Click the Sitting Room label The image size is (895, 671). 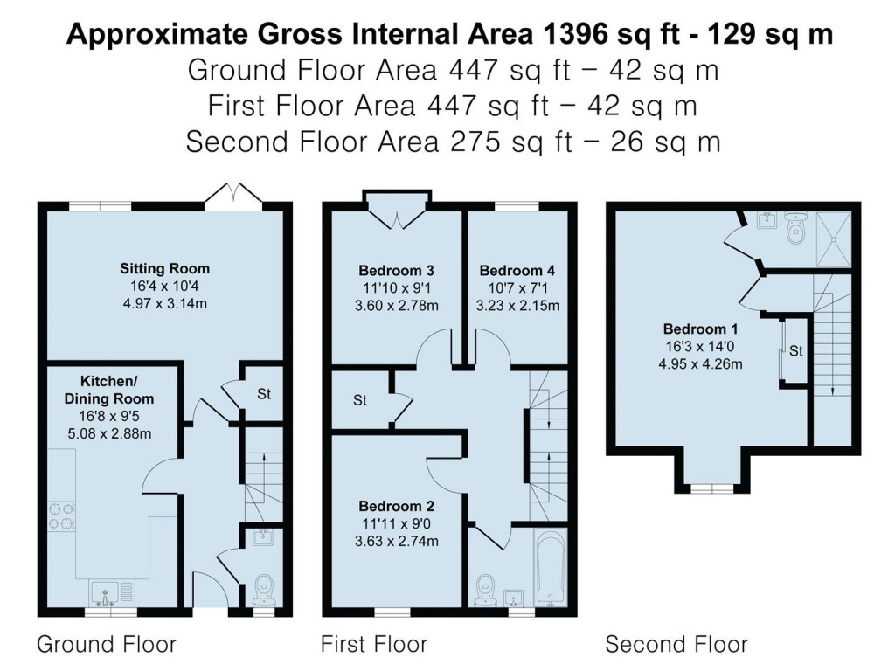(164, 268)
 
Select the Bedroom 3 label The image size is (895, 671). (396, 270)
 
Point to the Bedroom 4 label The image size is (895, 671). (517, 270)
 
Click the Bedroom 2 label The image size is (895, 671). (396, 506)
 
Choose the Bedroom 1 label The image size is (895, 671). (700, 329)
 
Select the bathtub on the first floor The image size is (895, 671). (550, 569)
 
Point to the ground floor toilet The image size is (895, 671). (263, 590)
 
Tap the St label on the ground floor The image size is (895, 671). (263, 394)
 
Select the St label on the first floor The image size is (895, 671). (360, 401)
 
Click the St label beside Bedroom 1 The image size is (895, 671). (795, 351)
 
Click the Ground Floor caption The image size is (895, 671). (107, 645)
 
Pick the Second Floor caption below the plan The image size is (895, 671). (676, 645)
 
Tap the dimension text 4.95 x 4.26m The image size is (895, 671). (700, 363)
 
